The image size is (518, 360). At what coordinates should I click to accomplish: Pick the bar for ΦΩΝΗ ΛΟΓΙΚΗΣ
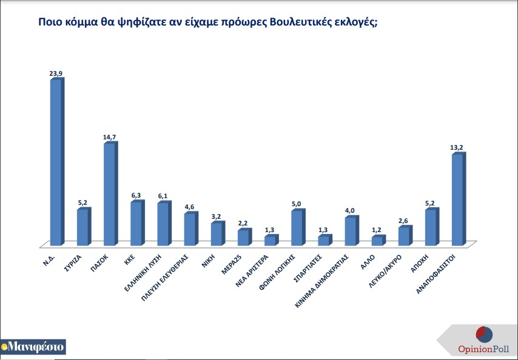[x=296, y=228]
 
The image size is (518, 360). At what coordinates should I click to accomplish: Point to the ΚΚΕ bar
[x=135, y=224]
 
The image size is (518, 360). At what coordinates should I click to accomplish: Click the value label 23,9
[x=56, y=73]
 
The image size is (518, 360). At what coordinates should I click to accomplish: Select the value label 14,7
[x=110, y=137]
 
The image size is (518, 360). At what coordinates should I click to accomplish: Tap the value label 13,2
[x=458, y=147]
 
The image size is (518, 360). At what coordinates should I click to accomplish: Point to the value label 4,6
[x=190, y=207]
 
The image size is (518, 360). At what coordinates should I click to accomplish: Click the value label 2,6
[x=405, y=221]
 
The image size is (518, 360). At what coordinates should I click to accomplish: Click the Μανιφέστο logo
[x=33, y=347]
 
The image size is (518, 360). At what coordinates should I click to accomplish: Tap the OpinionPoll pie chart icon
[x=484, y=335]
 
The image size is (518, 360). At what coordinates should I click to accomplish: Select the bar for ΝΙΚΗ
[x=215, y=235]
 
